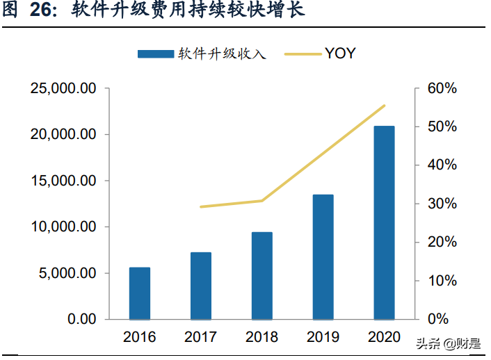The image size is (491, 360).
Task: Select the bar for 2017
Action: [200, 286]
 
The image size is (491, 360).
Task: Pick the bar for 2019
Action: [323, 256]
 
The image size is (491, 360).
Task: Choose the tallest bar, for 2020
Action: [384, 222]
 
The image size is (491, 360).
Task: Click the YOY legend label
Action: [340, 53]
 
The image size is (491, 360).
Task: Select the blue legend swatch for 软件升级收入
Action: [155, 54]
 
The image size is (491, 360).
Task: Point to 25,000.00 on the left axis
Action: [63, 89]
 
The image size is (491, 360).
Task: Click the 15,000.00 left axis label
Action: [63, 181]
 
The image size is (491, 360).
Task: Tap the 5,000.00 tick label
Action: [67, 273]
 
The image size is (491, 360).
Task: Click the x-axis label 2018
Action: [261, 338]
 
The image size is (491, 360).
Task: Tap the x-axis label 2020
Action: [384, 338]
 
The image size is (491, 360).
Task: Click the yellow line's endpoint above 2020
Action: [384, 106]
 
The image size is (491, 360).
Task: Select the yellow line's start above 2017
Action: [200, 207]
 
